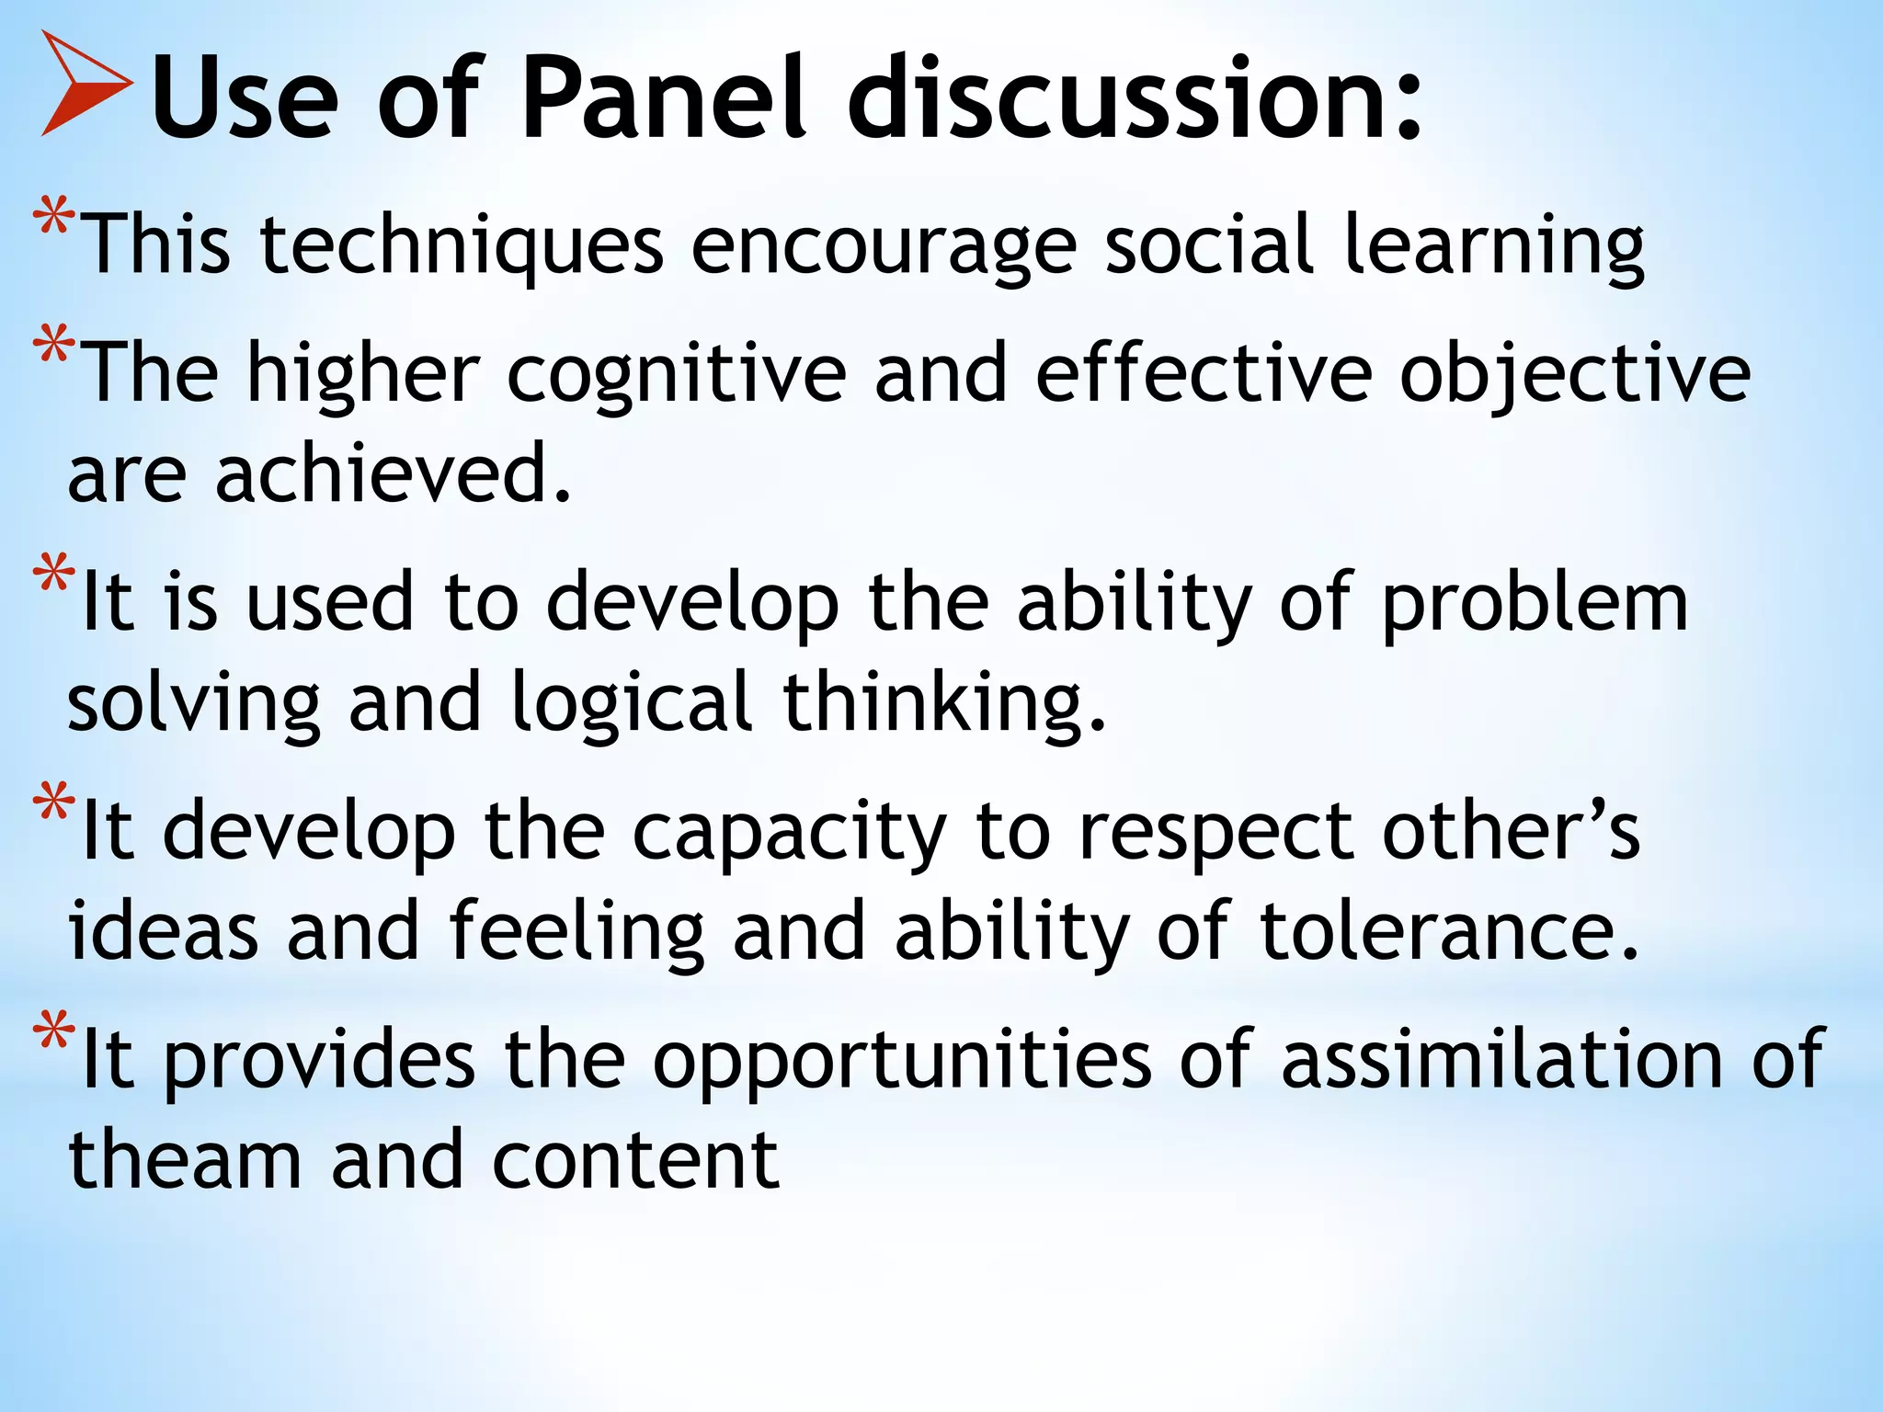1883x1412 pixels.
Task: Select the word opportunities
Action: coord(902,1063)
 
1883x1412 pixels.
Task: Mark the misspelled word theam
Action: coord(185,1160)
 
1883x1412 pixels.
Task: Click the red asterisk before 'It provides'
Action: coord(53,1032)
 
